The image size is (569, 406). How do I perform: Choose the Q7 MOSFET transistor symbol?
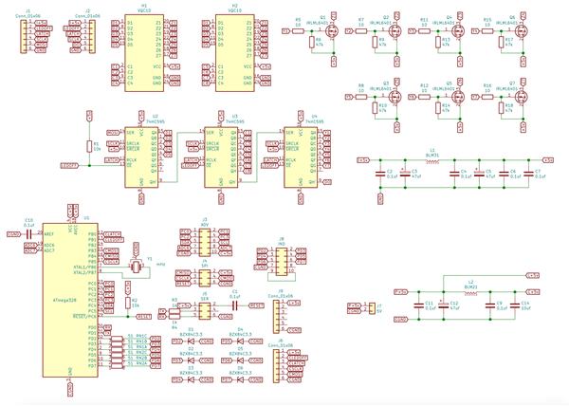pyautogui.click(x=513, y=98)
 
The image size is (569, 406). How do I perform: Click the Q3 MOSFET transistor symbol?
pyautogui.click(x=386, y=98)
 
